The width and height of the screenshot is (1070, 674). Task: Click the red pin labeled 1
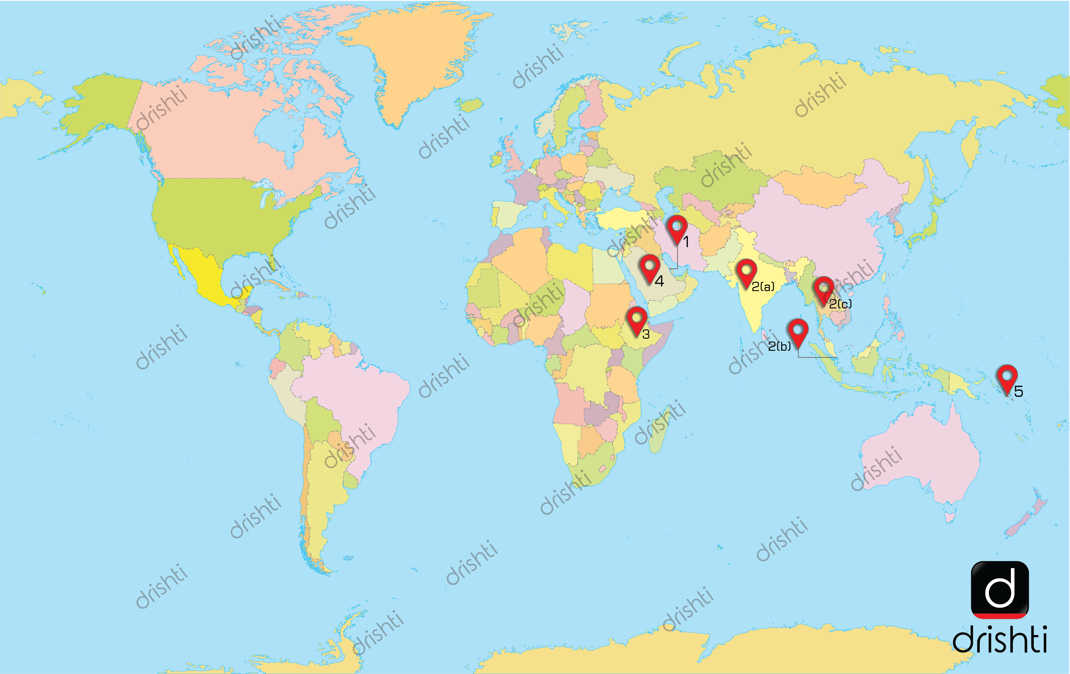pos(677,228)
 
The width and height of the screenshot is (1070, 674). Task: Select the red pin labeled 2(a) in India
pos(746,272)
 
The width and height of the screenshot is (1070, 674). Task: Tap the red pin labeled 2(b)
pos(798,332)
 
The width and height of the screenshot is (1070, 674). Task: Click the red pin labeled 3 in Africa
pos(637,320)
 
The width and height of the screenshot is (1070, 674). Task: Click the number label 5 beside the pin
pos(1019,391)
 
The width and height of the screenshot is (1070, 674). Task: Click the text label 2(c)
pos(840,304)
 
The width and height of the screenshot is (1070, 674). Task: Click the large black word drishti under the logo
pos(1000,639)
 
